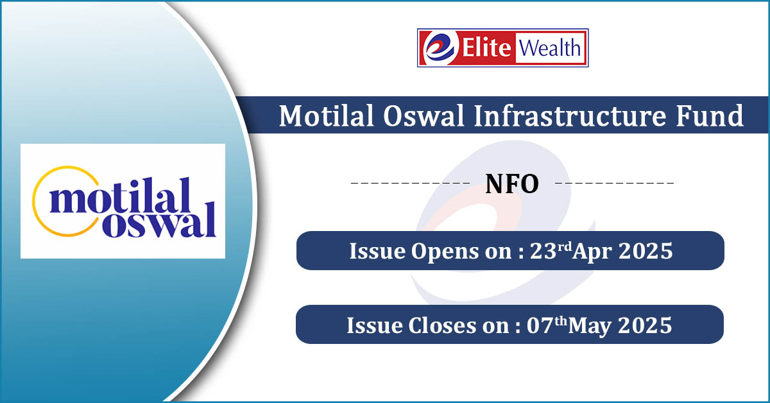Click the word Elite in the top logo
pyautogui.click(x=486, y=47)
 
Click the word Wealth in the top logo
pyautogui.click(x=550, y=47)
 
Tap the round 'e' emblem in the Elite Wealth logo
pyautogui.click(x=441, y=47)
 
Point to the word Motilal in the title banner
pyautogui.click(x=326, y=116)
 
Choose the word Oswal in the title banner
pyautogui.click(x=424, y=116)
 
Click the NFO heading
pyautogui.click(x=512, y=184)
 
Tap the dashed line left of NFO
pyautogui.click(x=410, y=183)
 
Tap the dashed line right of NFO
pyautogui.click(x=615, y=183)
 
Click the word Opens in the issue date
pyautogui.click(x=444, y=252)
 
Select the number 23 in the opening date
pyautogui.click(x=543, y=251)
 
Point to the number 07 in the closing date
pyautogui.click(x=540, y=325)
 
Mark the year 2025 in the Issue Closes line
pyautogui.click(x=645, y=325)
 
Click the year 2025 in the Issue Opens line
pyautogui.click(x=646, y=251)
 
